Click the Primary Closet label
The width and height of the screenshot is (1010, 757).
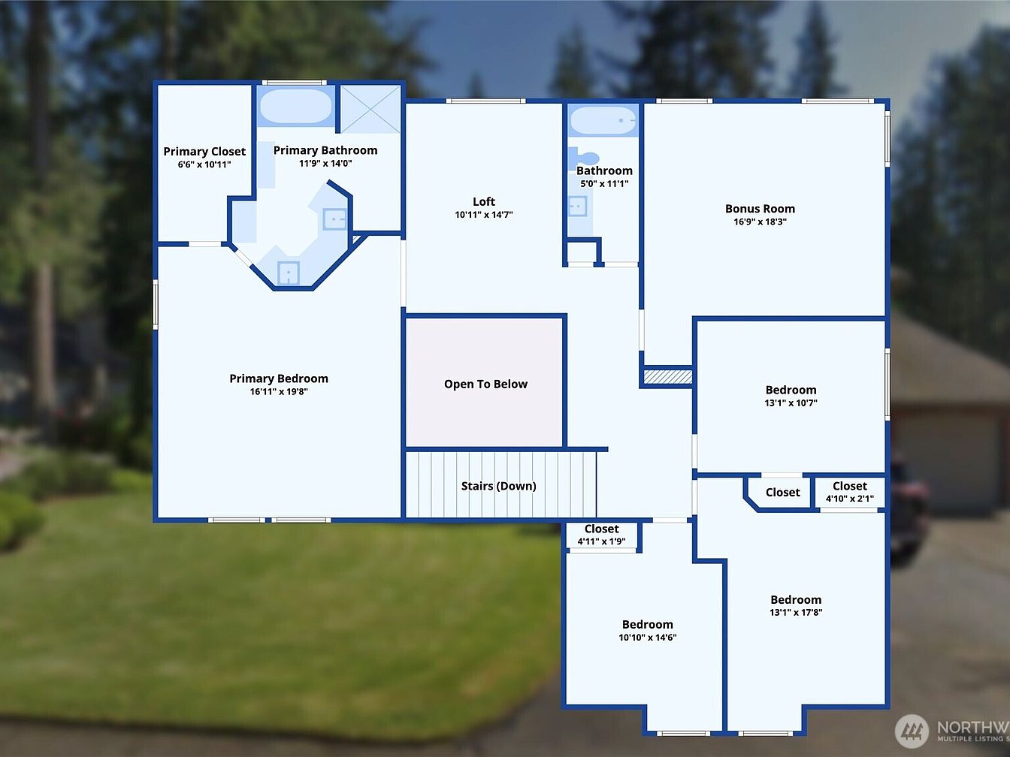click(x=204, y=151)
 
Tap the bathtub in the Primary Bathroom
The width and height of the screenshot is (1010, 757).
click(x=296, y=106)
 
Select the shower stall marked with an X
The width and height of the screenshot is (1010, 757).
click(x=370, y=110)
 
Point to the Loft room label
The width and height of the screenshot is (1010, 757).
click(x=484, y=201)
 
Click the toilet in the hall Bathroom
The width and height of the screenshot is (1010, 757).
click(x=582, y=157)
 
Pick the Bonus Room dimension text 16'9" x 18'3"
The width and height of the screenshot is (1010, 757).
click(x=761, y=222)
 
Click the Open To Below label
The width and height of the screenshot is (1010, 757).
click(x=485, y=384)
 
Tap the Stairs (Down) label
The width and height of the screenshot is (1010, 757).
click(x=499, y=486)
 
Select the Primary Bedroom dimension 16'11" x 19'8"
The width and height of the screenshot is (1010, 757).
click(x=279, y=391)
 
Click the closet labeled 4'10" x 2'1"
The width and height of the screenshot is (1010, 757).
click(x=850, y=492)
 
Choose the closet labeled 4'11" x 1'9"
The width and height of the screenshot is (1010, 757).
click(x=601, y=535)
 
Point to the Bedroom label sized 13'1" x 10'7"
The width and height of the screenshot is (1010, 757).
click(x=791, y=390)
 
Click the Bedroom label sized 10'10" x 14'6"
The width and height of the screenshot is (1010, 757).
click(x=648, y=624)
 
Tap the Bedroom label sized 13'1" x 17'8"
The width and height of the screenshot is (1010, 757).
click(x=796, y=599)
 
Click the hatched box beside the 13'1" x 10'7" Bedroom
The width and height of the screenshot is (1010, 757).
click(x=667, y=377)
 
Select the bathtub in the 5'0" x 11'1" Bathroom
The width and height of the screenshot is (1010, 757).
click(x=603, y=121)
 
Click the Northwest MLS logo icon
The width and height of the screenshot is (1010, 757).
click(x=912, y=731)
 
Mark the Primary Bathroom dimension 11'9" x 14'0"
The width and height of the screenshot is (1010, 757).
click(x=325, y=163)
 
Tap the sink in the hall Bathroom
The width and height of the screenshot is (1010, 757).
click(x=577, y=207)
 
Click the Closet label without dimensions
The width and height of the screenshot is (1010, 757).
click(x=783, y=492)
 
